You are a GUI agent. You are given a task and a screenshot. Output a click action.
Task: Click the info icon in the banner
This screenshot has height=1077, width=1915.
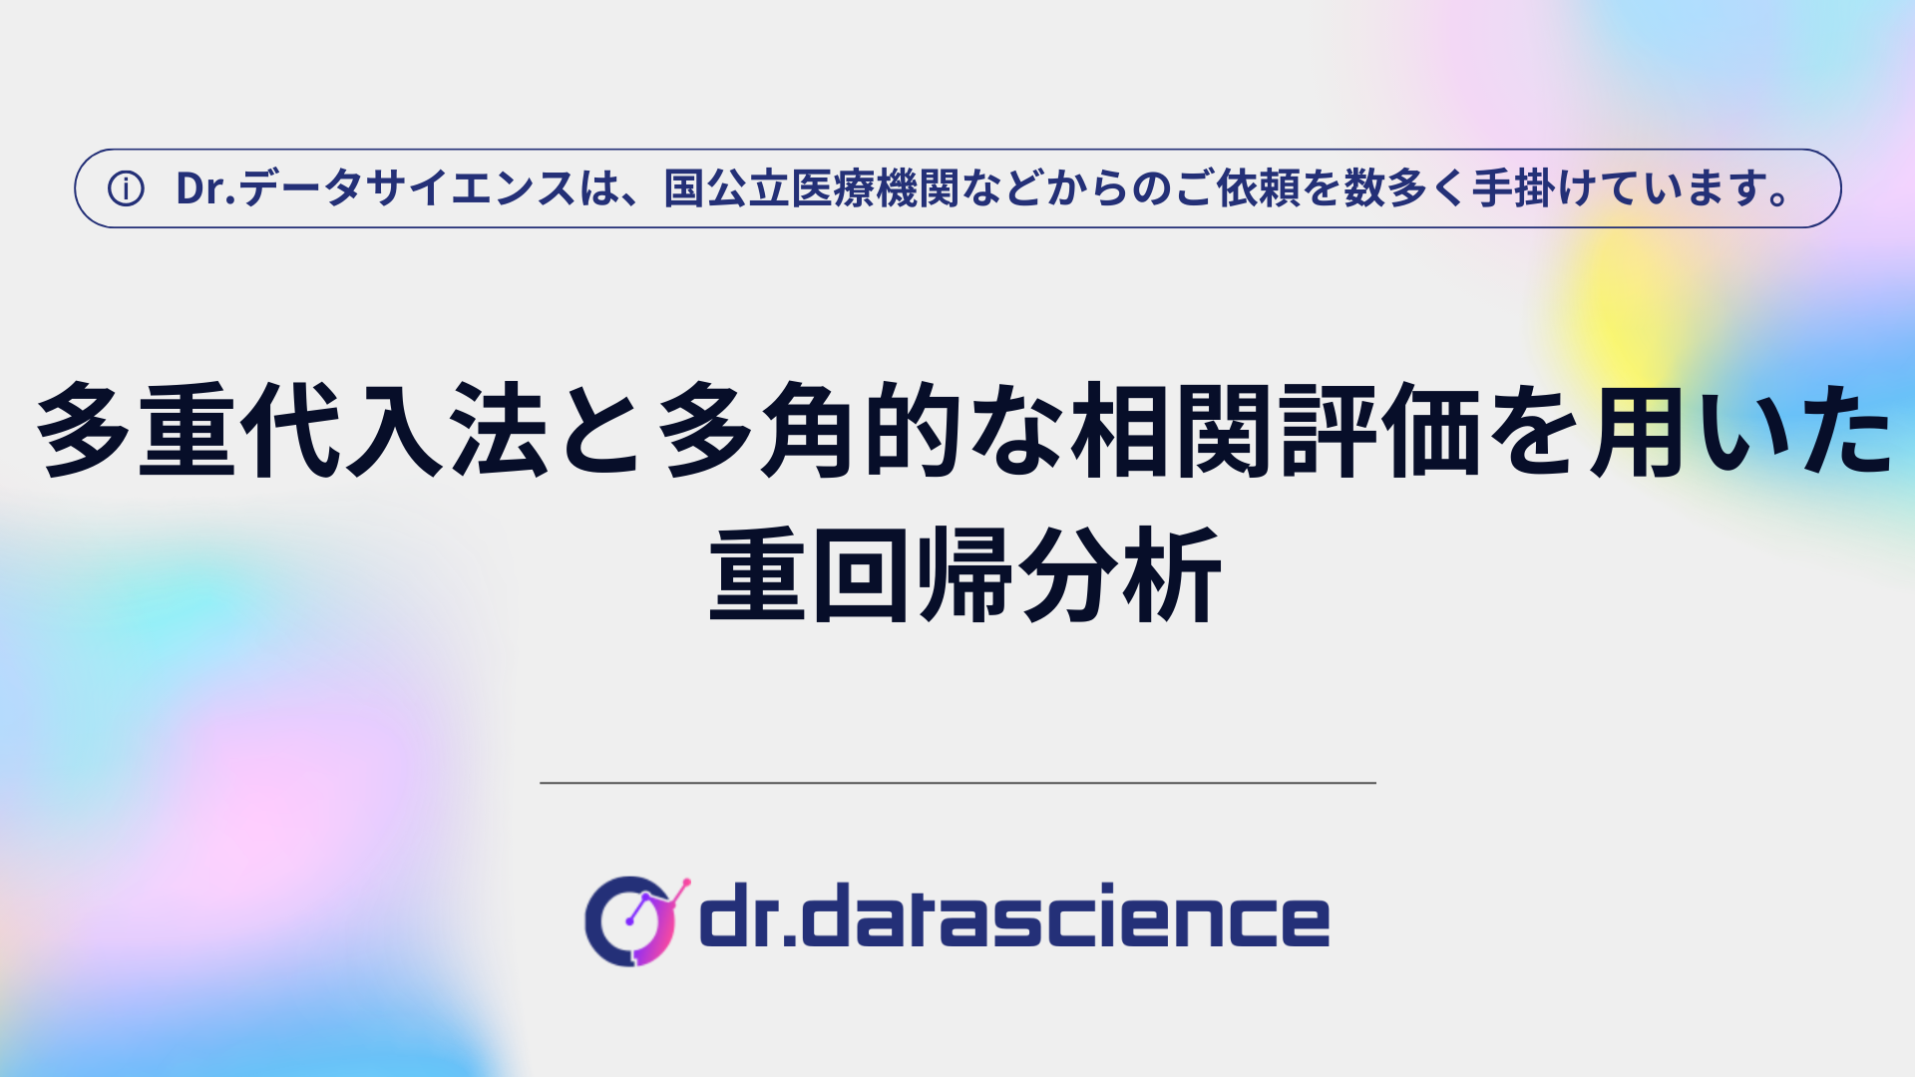(126, 188)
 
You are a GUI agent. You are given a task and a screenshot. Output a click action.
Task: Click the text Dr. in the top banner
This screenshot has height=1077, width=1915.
(205, 188)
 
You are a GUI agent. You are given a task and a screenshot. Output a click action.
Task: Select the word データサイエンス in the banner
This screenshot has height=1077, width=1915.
(407, 188)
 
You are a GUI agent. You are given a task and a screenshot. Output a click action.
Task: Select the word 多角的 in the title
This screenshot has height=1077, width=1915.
(809, 429)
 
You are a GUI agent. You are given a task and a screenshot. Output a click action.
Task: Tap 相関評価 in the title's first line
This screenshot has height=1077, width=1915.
(1276, 429)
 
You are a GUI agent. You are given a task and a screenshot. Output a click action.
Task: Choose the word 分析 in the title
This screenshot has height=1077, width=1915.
(1121, 575)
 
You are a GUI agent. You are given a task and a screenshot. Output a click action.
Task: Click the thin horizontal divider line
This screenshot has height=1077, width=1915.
(957, 783)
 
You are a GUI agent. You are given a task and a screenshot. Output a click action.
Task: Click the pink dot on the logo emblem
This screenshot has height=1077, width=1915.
(685, 883)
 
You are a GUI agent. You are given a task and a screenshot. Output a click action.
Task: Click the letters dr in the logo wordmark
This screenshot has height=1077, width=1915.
(739, 914)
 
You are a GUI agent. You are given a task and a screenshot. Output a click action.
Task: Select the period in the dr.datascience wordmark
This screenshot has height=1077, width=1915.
(790, 938)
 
